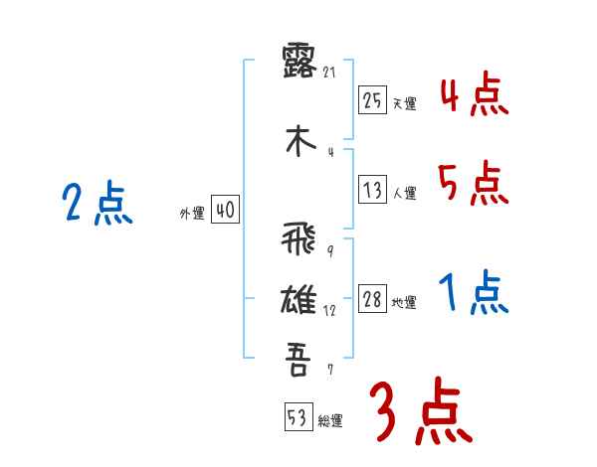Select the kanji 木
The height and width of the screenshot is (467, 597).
click(298, 140)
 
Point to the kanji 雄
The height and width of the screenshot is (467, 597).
click(298, 298)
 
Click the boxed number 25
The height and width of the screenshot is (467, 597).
click(372, 100)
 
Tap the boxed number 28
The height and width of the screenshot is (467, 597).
click(372, 300)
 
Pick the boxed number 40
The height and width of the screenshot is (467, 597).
click(225, 211)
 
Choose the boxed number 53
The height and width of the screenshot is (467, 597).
click(298, 417)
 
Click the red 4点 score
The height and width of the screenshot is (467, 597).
click(474, 97)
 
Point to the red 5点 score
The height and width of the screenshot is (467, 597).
click(474, 183)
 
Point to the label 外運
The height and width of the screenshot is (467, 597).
click(192, 214)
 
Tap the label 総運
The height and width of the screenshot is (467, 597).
click(330, 421)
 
